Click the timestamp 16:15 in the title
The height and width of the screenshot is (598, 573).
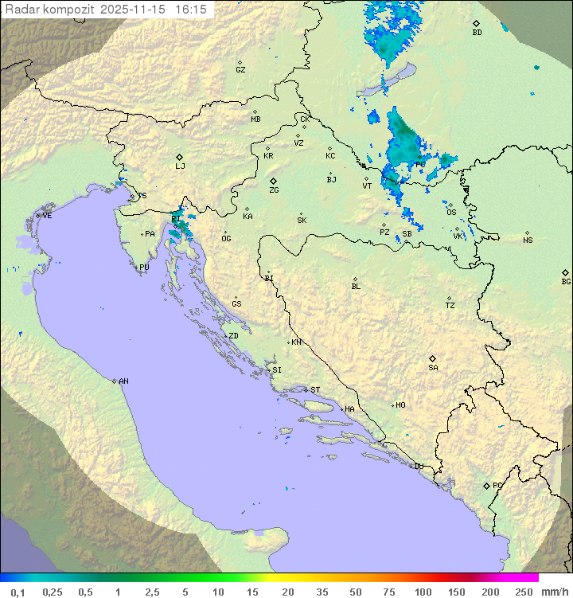[191, 10]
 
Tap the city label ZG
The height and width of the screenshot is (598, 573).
[274, 190]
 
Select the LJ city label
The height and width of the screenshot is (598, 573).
[180, 166]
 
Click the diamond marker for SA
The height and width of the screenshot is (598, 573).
[433, 358]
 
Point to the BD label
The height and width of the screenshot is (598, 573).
[477, 33]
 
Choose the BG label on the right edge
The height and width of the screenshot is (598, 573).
[566, 282]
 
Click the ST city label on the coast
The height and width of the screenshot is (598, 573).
[315, 390]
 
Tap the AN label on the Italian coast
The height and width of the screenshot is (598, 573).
[123, 381]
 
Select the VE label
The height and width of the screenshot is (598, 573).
[47, 216]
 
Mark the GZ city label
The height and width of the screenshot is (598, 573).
[240, 70]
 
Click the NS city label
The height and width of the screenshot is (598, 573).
[528, 240]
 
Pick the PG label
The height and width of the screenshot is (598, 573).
[497, 486]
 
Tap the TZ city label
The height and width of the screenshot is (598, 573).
[450, 306]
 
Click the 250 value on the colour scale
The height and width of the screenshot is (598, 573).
[524, 592]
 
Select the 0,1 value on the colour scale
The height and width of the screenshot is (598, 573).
[18, 592]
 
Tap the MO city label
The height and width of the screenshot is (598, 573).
[400, 405]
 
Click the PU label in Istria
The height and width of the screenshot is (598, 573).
[144, 268]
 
